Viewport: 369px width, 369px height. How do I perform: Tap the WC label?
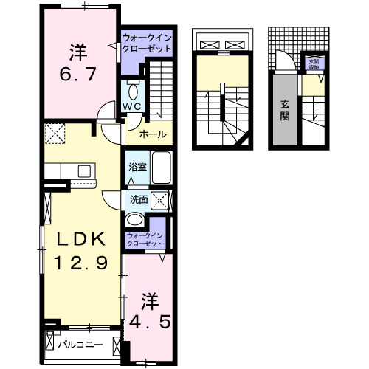[x=132, y=107]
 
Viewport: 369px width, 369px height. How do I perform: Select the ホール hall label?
[x=153, y=135]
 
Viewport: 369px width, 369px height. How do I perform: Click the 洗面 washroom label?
[x=139, y=199]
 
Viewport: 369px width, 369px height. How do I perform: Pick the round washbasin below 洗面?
[x=135, y=221]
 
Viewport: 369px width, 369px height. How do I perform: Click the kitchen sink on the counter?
[x=83, y=171]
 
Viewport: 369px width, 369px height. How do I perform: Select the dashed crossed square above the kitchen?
[x=55, y=134]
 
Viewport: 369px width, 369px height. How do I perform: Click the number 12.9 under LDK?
[x=82, y=261]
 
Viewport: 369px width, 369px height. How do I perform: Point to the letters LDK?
[x=82, y=238]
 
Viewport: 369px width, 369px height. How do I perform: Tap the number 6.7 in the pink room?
[x=76, y=73]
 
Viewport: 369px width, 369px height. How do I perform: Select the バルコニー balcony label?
[x=80, y=345]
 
